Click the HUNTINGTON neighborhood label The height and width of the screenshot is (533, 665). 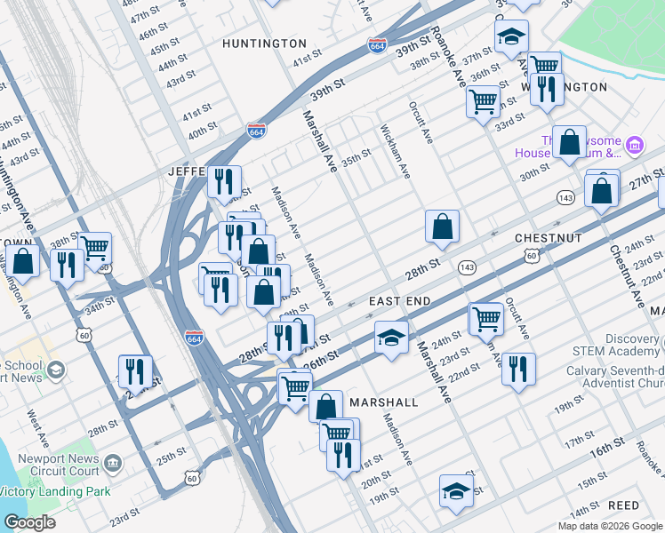click(x=264, y=43)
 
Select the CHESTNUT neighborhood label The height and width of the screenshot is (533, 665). click(x=548, y=239)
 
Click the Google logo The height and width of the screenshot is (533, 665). click(x=29, y=522)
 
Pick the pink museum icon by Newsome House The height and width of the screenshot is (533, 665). click(x=635, y=144)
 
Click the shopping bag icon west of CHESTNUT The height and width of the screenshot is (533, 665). click(x=442, y=227)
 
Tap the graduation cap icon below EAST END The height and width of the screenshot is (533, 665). click(x=390, y=338)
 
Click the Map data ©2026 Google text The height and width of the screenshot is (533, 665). click(x=609, y=526)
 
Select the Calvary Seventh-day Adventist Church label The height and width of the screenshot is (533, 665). click(x=615, y=378)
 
